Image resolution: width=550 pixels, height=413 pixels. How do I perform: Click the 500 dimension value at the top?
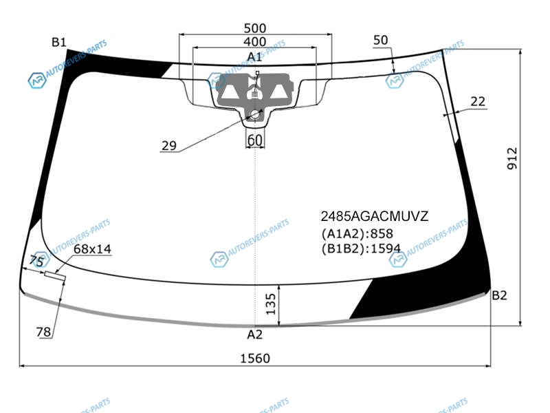(x=254, y=28)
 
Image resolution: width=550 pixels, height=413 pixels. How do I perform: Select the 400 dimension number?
(x=254, y=42)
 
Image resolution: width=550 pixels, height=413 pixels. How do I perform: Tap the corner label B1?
(x=59, y=43)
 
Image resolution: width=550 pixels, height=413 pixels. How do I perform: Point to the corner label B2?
(x=499, y=295)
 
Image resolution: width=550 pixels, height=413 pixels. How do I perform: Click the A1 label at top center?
(x=254, y=57)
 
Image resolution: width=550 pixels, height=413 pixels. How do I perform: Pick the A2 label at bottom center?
(x=254, y=335)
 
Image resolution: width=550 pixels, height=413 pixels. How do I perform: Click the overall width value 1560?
(x=255, y=359)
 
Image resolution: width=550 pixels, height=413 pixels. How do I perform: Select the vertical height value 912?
(x=512, y=158)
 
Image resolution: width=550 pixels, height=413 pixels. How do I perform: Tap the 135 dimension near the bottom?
(x=271, y=304)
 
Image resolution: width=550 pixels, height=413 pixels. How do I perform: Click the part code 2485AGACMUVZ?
(x=375, y=216)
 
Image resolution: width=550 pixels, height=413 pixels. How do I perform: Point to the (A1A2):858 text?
(x=357, y=233)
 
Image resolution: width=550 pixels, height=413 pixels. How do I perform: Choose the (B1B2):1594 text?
(x=361, y=248)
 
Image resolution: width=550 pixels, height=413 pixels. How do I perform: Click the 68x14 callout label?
(x=92, y=249)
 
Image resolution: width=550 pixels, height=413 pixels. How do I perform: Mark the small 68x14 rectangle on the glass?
(x=55, y=277)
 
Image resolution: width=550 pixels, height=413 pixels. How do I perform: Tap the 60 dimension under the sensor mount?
(x=254, y=140)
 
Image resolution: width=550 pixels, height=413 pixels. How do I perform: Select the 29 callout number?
(x=168, y=145)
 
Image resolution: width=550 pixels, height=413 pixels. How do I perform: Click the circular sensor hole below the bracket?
(x=254, y=114)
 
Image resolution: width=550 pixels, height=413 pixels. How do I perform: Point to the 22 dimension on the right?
(x=478, y=101)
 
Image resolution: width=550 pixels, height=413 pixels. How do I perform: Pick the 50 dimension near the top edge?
(x=381, y=40)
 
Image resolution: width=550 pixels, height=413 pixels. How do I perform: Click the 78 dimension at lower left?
(x=43, y=332)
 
